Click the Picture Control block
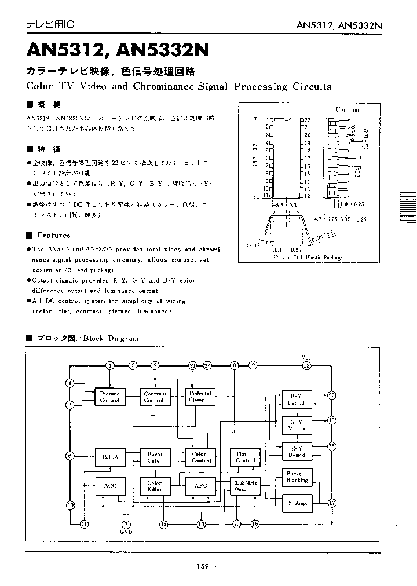(109, 397)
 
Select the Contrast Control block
(155, 397)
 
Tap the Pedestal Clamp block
(200, 397)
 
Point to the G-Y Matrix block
(297, 426)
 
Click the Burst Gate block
(154, 457)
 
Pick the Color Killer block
(155, 486)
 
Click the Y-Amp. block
(297, 503)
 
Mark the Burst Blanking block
(297, 477)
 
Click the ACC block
(109, 486)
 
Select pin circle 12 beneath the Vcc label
(307, 365)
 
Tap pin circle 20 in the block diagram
(332, 395)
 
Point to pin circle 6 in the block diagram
(70, 456)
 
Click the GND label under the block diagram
(126, 531)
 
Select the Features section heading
(53, 235)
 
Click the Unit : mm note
(348, 109)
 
